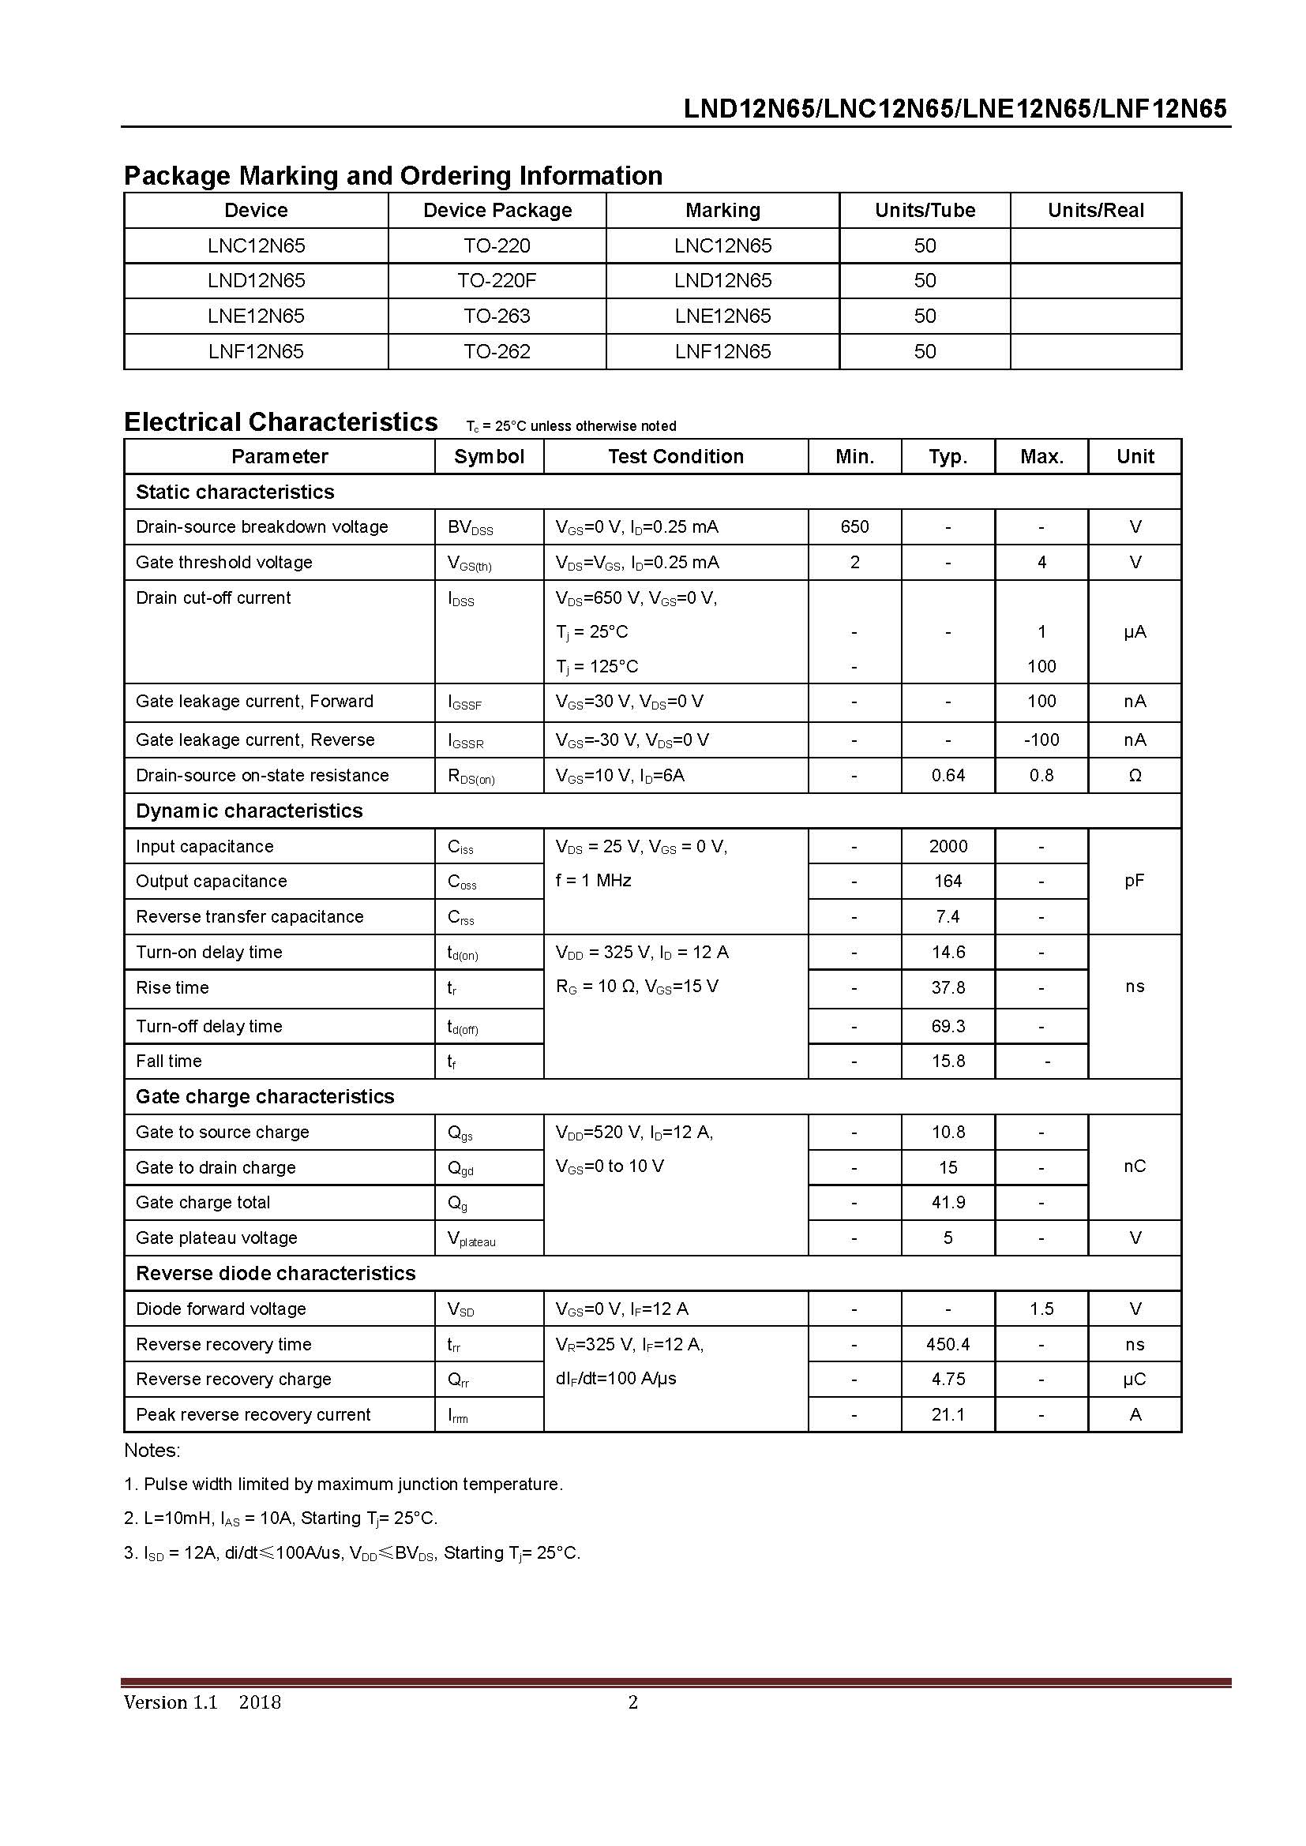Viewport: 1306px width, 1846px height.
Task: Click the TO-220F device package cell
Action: point(496,281)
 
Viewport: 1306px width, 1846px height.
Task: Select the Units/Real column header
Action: point(1094,211)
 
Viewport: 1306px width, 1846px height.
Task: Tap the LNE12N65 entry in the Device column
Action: point(256,316)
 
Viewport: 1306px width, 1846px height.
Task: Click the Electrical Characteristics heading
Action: point(280,422)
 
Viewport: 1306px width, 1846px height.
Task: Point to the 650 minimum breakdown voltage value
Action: point(854,526)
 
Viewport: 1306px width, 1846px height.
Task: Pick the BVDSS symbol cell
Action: point(470,527)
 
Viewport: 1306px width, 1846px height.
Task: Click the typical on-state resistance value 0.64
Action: point(948,775)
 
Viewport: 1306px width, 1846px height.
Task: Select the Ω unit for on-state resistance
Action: point(1134,775)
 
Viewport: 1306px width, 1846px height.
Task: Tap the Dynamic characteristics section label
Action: point(250,811)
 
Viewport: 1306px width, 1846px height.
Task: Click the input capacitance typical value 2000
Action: point(948,846)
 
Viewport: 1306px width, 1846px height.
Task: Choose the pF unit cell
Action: point(1134,881)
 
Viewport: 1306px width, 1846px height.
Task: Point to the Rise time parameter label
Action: point(172,987)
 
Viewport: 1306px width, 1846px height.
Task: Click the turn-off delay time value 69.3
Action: point(948,1026)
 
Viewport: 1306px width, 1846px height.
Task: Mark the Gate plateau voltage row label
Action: point(216,1238)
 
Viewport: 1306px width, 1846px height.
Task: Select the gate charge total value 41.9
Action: point(948,1202)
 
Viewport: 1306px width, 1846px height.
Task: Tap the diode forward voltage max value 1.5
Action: point(1041,1308)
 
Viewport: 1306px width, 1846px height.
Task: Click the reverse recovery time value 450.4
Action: point(948,1343)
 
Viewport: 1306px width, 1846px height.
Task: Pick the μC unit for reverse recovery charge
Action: point(1134,1379)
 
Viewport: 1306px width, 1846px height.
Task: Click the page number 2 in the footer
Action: point(633,1702)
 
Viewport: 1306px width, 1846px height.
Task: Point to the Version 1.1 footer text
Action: point(171,1702)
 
